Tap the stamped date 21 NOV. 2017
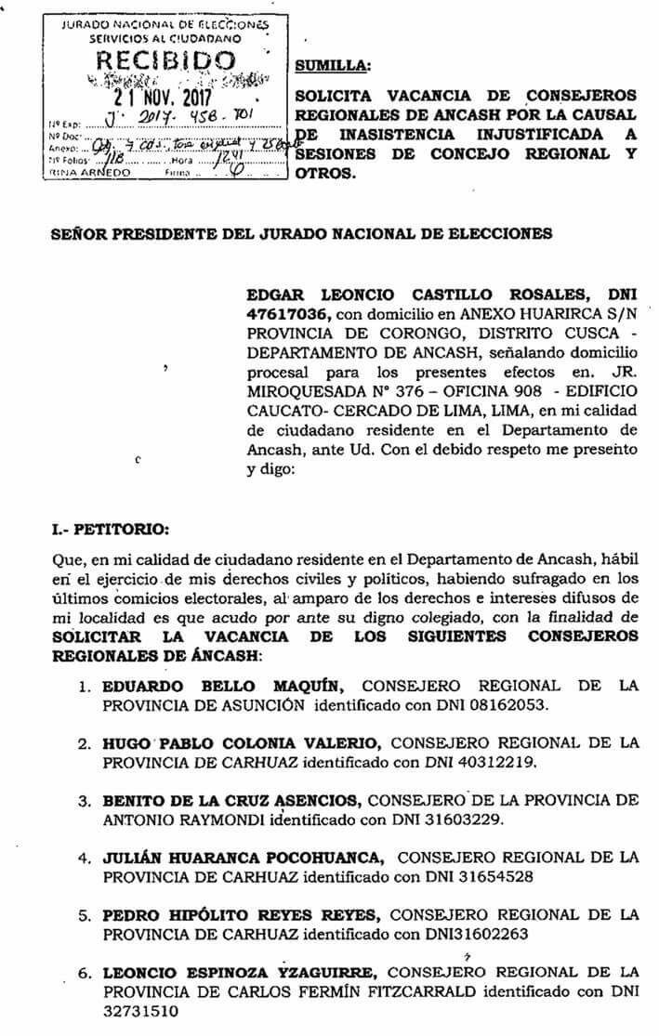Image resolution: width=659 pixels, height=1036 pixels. (x=164, y=97)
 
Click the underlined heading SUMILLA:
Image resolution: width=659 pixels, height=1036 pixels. (x=332, y=66)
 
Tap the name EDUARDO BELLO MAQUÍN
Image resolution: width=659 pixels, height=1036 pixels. (x=223, y=687)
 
